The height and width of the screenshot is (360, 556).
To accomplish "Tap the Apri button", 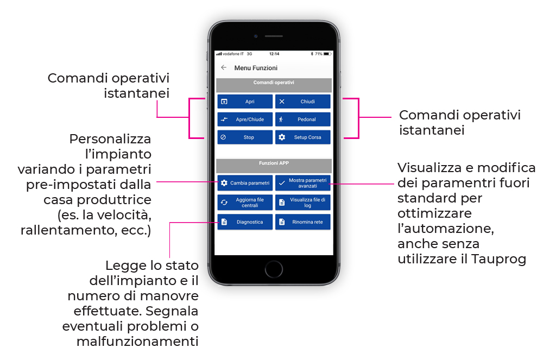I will [x=245, y=102].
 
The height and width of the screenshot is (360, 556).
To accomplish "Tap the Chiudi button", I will [x=302, y=102].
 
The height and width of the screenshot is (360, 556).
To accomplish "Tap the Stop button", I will [x=245, y=137].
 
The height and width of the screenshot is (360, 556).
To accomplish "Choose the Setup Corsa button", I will [x=302, y=137].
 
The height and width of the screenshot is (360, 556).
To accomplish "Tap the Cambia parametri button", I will [x=245, y=183].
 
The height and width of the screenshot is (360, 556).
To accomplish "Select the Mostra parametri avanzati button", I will [x=302, y=183].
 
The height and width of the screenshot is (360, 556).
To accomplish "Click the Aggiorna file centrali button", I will [x=245, y=203].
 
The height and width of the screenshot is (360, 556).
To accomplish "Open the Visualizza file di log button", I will [x=302, y=203].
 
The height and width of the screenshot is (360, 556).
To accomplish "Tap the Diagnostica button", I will [x=245, y=222].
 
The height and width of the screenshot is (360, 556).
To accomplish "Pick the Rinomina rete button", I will [x=302, y=222].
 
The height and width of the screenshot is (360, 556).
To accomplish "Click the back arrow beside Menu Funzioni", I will [x=224, y=68].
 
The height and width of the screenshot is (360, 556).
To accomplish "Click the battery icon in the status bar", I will [x=326, y=54].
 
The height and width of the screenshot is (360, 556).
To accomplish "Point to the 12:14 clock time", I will [x=274, y=54].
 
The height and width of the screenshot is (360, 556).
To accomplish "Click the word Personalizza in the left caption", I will [x=110, y=138].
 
